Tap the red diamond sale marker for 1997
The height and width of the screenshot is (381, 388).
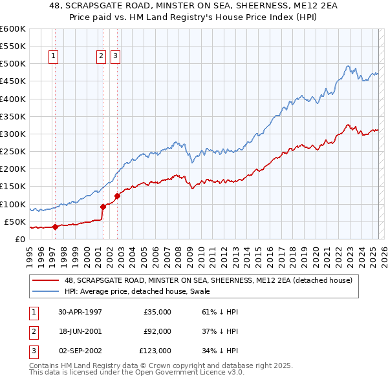pos(55,227)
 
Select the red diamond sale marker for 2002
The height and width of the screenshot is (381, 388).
pos(117,196)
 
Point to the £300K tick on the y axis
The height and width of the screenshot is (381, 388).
pos(13,134)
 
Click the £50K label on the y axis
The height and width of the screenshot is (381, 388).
pos(16,221)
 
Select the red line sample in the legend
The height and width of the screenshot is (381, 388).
pos(46,280)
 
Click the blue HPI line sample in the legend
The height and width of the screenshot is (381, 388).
pos(46,291)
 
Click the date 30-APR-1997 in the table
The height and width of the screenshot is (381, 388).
pos(80,312)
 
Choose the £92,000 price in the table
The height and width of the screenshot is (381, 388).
pos(155,331)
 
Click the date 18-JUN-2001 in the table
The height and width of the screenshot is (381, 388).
pos(80,331)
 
